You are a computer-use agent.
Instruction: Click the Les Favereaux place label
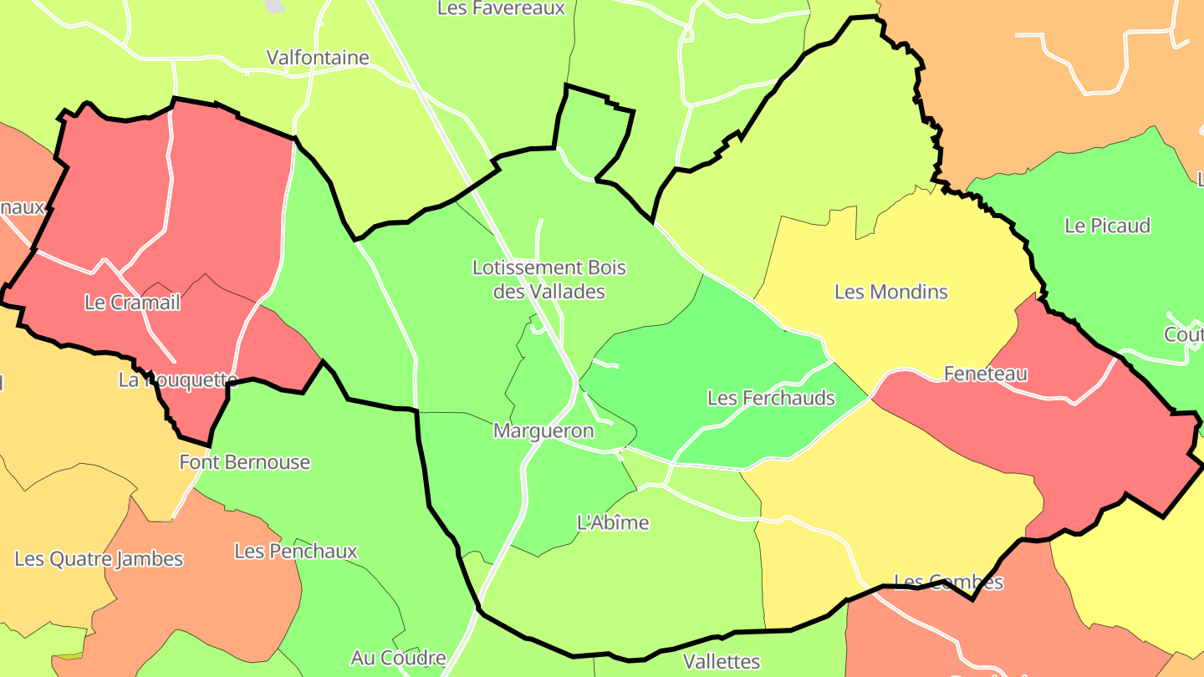tap(502, 8)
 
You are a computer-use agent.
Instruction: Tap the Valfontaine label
tap(318, 58)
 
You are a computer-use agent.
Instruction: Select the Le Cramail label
tap(132, 303)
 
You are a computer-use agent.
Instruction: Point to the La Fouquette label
tap(178, 380)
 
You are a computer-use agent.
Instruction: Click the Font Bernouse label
tap(245, 462)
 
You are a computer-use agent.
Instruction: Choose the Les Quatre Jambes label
tap(99, 559)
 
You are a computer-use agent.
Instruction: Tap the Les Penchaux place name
tap(296, 552)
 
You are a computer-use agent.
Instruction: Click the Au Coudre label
tap(398, 658)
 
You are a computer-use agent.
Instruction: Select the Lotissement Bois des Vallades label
tap(549, 280)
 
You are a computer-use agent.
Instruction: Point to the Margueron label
tap(543, 431)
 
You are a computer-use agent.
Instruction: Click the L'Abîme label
tap(613, 523)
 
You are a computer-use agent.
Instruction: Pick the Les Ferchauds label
tap(771, 398)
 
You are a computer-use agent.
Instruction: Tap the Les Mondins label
tap(891, 292)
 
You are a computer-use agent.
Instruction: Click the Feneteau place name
tap(986, 374)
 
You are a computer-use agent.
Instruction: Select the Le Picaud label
tap(1108, 226)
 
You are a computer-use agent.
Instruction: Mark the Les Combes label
tap(949, 582)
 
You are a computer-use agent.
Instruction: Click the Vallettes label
tap(722, 662)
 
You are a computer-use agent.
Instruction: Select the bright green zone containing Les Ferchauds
tap(711, 351)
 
